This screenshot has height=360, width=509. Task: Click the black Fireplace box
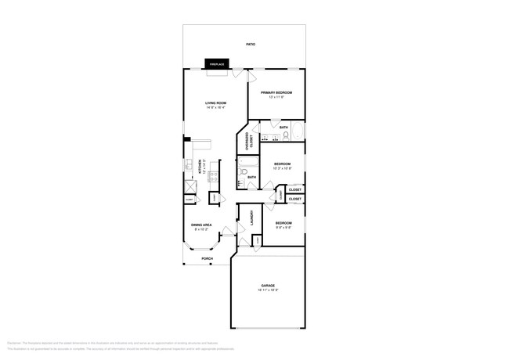pyautogui.click(x=217, y=64)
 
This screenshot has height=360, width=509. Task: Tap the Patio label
pyautogui.click(x=250, y=45)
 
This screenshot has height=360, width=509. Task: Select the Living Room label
pyautogui.click(x=215, y=103)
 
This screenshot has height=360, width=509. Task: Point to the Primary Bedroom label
pyautogui.click(x=276, y=92)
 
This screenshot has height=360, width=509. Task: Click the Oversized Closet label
pyautogui.click(x=250, y=142)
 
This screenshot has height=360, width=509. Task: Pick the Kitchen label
pyautogui.click(x=200, y=168)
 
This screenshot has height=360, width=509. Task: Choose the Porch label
pyautogui.click(x=207, y=258)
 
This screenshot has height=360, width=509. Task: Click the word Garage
pyautogui.click(x=268, y=286)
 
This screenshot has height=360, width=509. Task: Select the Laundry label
pyautogui.click(x=251, y=219)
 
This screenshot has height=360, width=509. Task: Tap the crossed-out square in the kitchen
pyautogui.click(x=189, y=189)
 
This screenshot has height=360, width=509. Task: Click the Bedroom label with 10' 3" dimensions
pyautogui.click(x=283, y=164)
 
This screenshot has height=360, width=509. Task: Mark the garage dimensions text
pyautogui.click(x=268, y=290)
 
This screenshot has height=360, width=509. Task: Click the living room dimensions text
pyautogui.click(x=215, y=108)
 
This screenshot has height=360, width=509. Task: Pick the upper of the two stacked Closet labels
pyautogui.click(x=295, y=189)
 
